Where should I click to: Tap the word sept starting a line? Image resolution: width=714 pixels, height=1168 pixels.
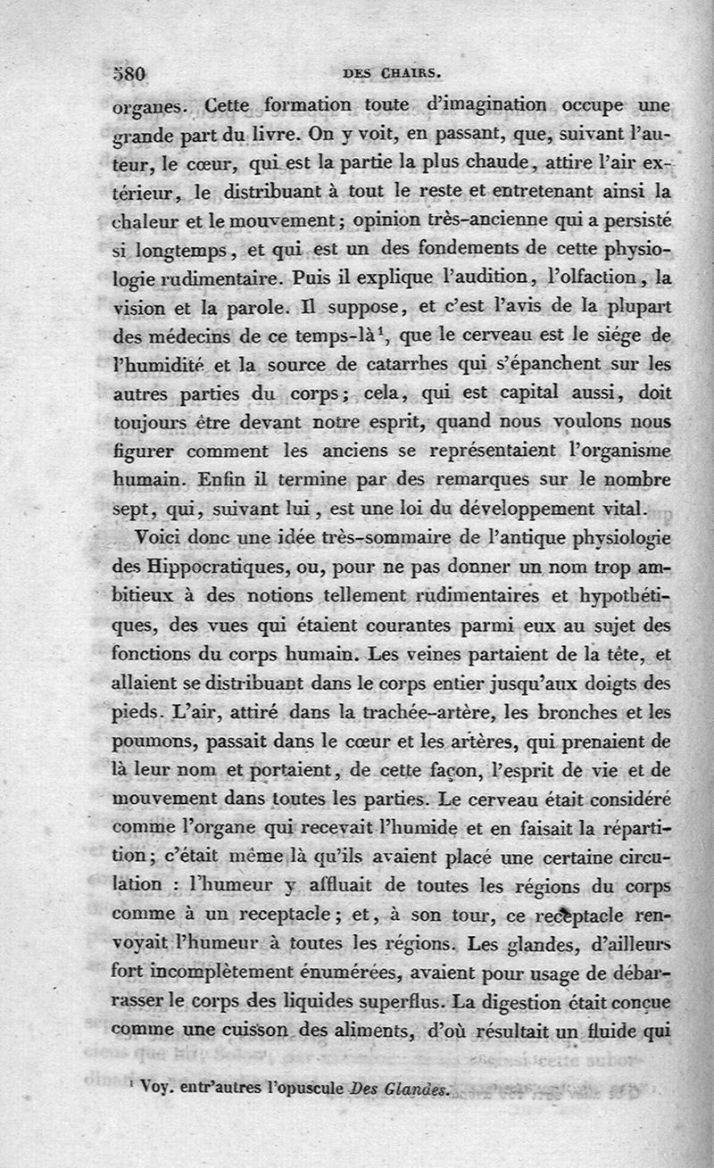(x=129, y=509)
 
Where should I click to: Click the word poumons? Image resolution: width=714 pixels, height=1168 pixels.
(x=148, y=741)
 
